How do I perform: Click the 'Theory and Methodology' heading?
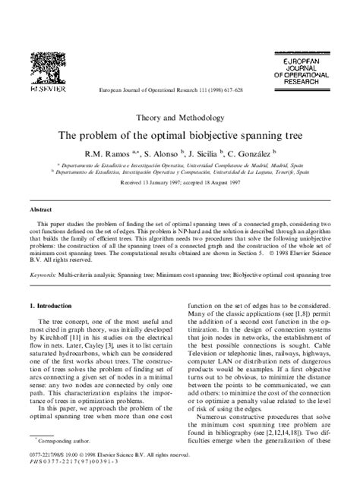coord(180,118)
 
